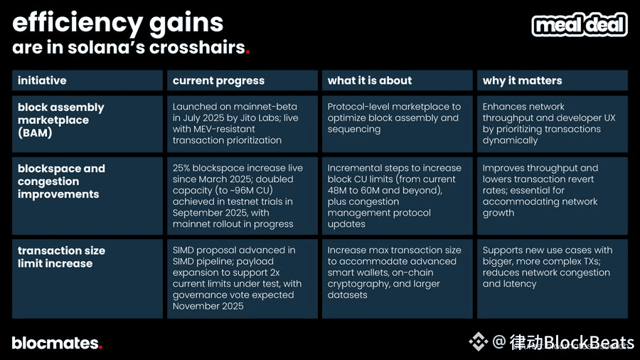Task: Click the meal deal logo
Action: (580, 24)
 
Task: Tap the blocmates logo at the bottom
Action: (57, 343)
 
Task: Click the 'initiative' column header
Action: (42, 80)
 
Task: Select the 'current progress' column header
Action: (218, 81)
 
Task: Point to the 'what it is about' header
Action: (369, 80)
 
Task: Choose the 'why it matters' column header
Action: (522, 81)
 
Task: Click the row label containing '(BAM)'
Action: (61, 120)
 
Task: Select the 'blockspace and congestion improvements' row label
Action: (61, 181)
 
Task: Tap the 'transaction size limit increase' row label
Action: (61, 257)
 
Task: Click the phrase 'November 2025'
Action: (208, 306)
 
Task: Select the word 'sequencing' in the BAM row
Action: (354, 129)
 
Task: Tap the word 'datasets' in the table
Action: (347, 295)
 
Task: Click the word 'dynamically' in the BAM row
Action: (510, 141)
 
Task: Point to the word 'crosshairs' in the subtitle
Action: (197, 48)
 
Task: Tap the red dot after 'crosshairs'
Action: (247, 52)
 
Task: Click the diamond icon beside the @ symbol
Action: (478, 342)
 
